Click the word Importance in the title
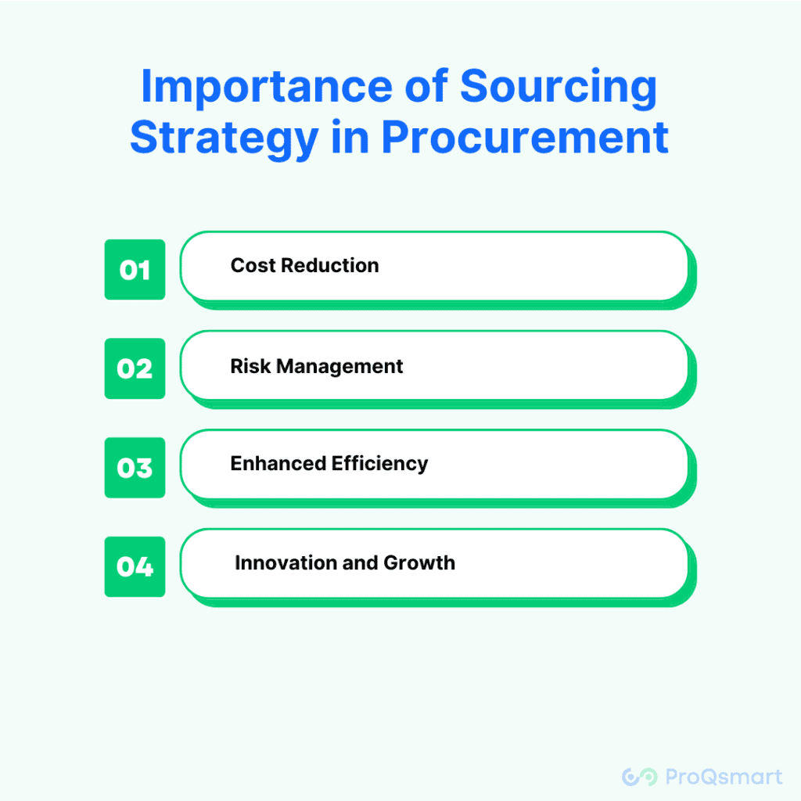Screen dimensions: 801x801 (266, 88)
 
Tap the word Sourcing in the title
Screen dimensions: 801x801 (559, 88)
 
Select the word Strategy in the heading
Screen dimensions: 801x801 (224, 138)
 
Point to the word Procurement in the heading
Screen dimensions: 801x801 (525, 137)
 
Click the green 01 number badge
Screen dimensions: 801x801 (135, 269)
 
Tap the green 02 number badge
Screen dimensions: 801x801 (135, 368)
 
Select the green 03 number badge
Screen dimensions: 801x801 (135, 468)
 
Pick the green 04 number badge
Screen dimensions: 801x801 (135, 566)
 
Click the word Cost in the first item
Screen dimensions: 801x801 (253, 266)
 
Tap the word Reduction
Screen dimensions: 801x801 (330, 266)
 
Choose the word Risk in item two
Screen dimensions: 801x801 (250, 366)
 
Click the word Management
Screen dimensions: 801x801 (339, 367)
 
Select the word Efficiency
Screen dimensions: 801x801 (380, 464)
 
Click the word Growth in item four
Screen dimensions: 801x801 (419, 562)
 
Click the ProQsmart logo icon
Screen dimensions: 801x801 (640, 777)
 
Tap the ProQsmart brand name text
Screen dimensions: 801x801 (724, 777)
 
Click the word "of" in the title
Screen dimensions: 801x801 (426, 87)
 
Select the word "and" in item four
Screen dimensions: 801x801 (360, 562)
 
